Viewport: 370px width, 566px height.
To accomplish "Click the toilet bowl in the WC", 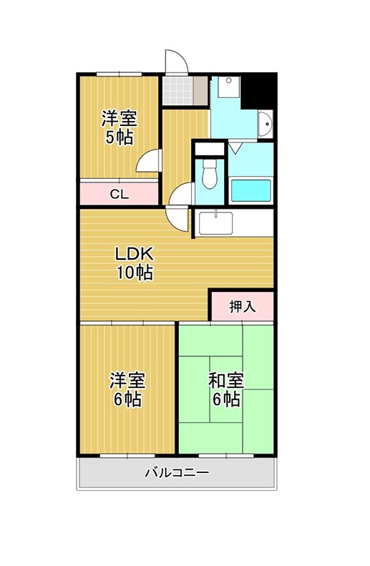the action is (209, 174).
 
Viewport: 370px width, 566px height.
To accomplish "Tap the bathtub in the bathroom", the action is (250, 190).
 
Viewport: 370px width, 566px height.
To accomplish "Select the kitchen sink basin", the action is (215, 223).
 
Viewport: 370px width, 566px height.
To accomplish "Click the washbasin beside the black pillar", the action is (266, 125).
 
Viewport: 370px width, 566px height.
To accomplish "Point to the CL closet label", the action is (119, 195).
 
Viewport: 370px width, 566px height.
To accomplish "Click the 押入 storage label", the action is (243, 307).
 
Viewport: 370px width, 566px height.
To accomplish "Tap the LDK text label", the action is (135, 254).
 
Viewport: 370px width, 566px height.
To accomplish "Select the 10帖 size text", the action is (135, 273).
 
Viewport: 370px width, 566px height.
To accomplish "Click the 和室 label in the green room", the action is (226, 381).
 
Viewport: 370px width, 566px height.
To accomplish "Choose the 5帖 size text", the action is (119, 137).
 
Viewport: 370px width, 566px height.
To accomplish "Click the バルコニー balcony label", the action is (177, 472).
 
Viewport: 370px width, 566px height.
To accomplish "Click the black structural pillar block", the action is (258, 90).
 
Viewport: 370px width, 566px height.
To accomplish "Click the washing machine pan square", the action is (228, 87).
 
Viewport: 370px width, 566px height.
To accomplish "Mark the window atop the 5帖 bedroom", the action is (119, 74).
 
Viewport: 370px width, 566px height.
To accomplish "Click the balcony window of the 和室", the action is (226, 456).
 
